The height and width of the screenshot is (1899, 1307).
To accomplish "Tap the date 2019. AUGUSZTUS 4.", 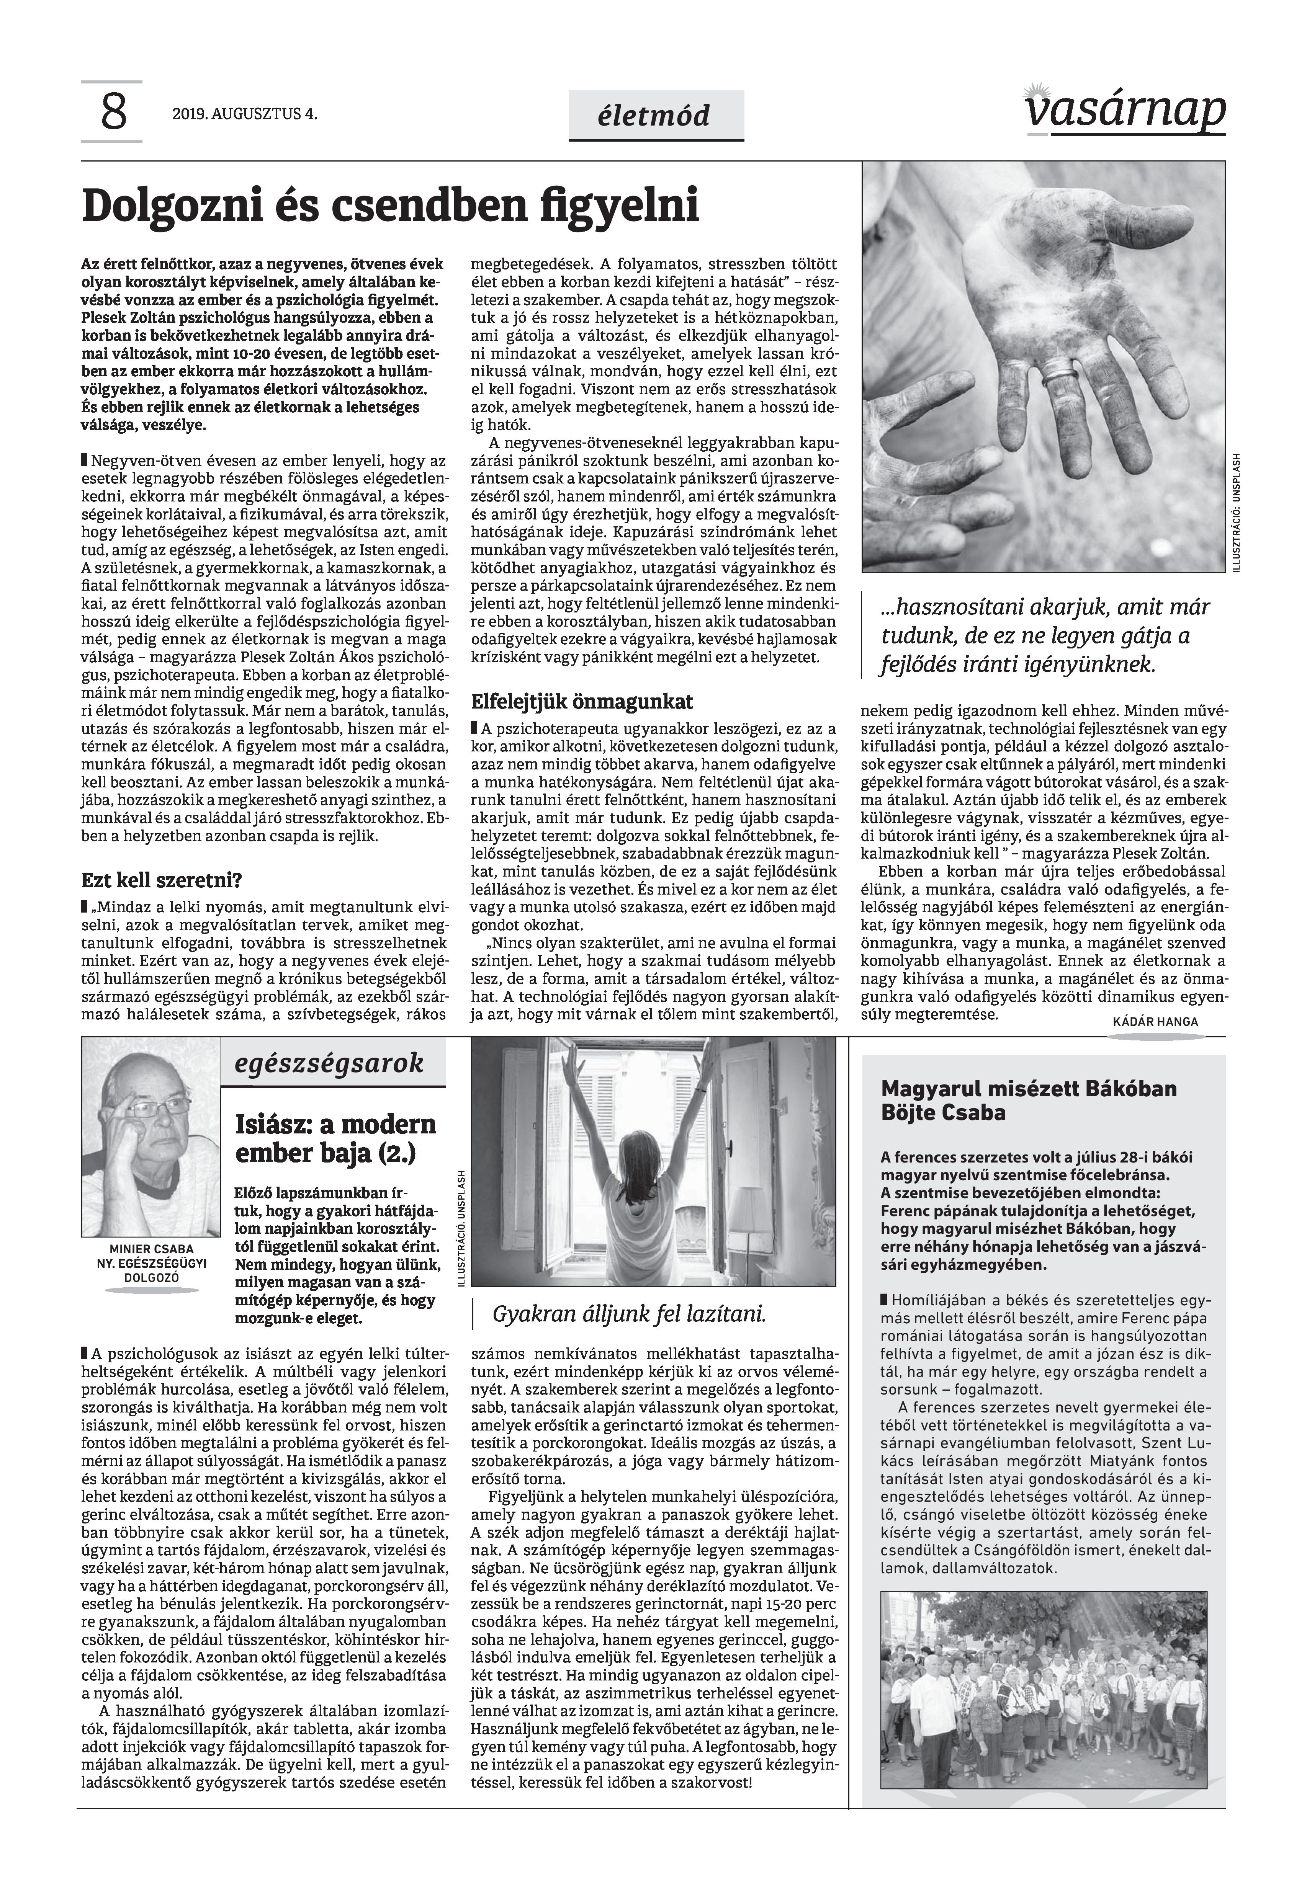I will [244, 114].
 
